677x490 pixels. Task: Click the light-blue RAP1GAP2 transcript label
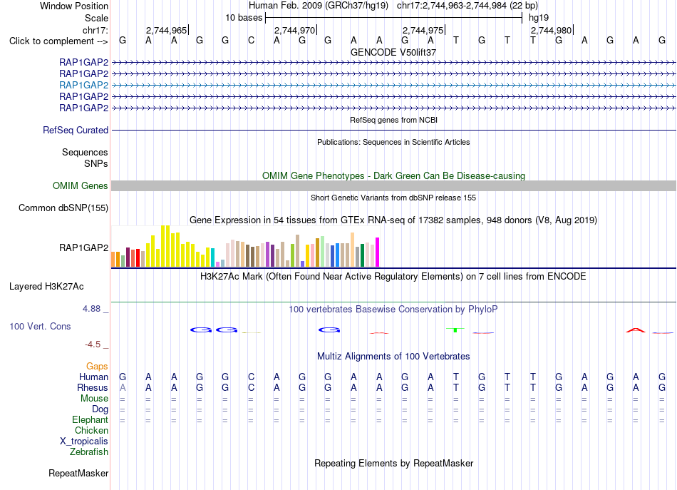84,85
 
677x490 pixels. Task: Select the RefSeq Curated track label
76,130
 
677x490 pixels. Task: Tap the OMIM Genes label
81,186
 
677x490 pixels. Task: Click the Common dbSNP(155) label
63,208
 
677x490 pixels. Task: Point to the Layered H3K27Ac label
46,287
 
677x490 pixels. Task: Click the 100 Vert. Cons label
40,326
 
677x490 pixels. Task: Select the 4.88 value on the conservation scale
91,309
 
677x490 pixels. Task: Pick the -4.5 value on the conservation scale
93,344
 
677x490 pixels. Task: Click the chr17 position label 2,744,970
295,30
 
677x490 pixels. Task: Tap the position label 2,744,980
552,30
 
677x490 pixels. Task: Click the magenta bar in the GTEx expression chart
378,252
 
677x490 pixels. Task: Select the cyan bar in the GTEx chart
212,257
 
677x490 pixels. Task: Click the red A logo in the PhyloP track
636,330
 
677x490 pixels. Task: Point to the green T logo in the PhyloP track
455,330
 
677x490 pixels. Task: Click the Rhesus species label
93,387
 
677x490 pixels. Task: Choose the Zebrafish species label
89,451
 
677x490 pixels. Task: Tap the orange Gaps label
97,367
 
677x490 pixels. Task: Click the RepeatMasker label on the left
78,473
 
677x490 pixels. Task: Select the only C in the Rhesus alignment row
252,387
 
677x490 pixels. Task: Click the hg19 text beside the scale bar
539,18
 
